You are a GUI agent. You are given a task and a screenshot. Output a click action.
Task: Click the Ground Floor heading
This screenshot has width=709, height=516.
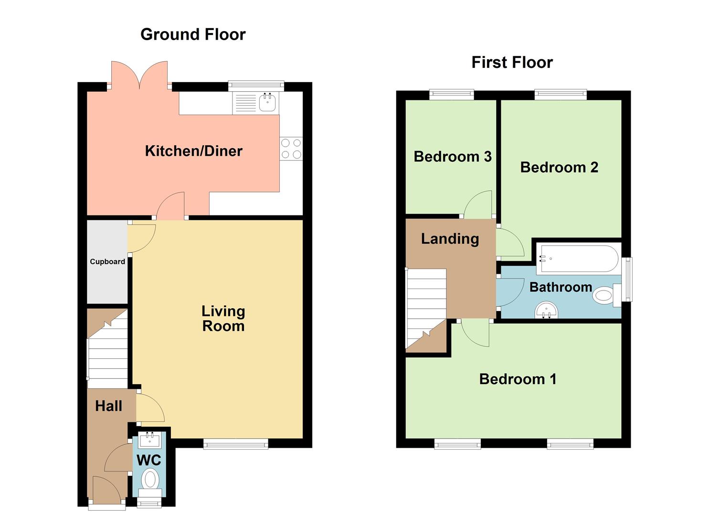pyautogui.click(x=193, y=34)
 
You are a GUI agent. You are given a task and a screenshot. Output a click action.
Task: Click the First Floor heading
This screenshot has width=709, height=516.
pyautogui.click(x=512, y=62)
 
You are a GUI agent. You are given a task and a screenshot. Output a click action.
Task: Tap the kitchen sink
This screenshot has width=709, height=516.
pyautogui.click(x=267, y=102)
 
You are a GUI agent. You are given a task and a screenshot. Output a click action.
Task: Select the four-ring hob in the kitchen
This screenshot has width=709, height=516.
pyautogui.click(x=291, y=148)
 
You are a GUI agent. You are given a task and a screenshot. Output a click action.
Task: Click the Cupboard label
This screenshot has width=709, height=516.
pyautogui.click(x=107, y=261)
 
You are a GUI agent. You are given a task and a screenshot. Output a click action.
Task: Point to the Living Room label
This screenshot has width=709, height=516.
pyautogui.click(x=223, y=318)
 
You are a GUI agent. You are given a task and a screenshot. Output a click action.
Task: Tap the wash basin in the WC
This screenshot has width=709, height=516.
pyautogui.click(x=149, y=440)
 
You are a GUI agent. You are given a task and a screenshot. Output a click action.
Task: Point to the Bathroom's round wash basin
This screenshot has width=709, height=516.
pyautogui.click(x=546, y=311)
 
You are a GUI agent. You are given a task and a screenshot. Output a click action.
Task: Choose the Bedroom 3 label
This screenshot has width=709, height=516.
pyautogui.click(x=452, y=157)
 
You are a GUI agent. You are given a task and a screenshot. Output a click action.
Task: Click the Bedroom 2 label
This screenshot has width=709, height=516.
pyautogui.click(x=559, y=167)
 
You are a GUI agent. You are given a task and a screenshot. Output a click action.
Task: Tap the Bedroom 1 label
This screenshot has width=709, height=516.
pyautogui.click(x=518, y=379)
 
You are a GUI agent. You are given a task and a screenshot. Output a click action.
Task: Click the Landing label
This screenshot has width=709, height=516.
pyautogui.click(x=450, y=238)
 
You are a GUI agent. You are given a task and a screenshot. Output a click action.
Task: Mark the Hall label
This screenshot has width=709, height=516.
pyautogui.click(x=108, y=406)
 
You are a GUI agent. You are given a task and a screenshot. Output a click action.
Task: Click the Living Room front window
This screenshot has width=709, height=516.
pyautogui.click(x=235, y=444)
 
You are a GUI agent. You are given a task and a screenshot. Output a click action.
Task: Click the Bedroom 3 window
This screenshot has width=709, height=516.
pyautogui.click(x=451, y=95)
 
